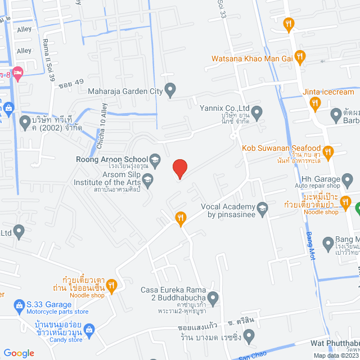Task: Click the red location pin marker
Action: tap(179, 168)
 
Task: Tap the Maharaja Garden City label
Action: tap(124, 89)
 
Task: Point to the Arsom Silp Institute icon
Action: tap(148, 180)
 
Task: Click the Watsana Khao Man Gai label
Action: tap(253, 58)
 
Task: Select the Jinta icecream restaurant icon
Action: tap(315, 102)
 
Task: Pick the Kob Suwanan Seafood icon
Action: tap(330, 151)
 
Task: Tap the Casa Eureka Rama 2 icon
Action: tap(213, 296)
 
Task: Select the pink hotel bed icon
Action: tap(18, 73)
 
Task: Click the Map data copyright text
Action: tap(336, 355)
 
